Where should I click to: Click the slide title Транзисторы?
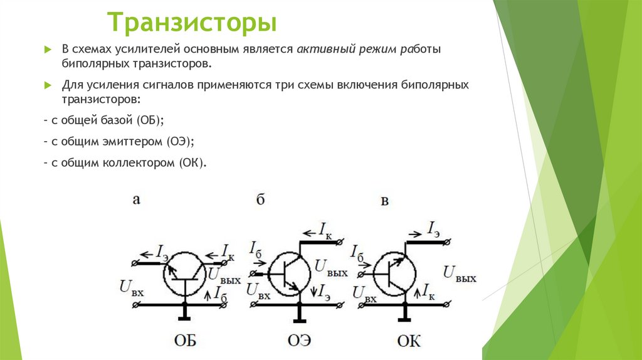pyautogui.click(x=192, y=23)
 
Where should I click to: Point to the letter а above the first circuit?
pyautogui.click(x=136, y=200)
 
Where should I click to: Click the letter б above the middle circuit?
pyautogui.click(x=260, y=200)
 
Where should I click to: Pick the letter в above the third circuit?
pyautogui.click(x=385, y=201)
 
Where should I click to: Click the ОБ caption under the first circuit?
pyautogui.click(x=185, y=341)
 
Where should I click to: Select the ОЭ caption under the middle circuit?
pyautogui.click(x=299, y=341)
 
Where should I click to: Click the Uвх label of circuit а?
pyautogui.click(x=130, y=287)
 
